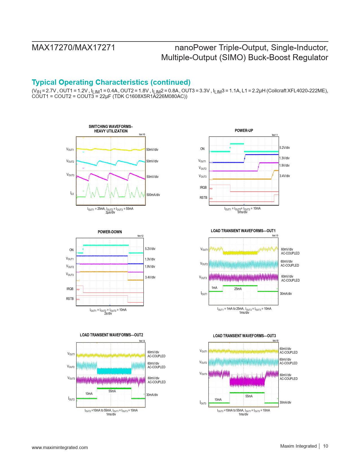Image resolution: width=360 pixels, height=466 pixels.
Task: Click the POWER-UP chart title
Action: coord(244,130)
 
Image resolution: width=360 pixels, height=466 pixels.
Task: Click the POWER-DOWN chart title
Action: coord(110,232)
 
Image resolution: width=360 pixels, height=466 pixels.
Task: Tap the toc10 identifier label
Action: coord(142,134)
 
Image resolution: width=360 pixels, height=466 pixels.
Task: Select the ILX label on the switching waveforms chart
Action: coord(72,193)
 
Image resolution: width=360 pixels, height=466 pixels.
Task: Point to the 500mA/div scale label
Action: coord(153,195)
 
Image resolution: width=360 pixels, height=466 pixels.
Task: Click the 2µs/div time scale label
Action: coord(110,212)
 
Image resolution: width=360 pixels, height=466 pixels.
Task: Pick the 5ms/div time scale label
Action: coord(242,212)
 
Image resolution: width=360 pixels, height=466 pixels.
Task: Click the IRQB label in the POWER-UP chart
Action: coord(203,188)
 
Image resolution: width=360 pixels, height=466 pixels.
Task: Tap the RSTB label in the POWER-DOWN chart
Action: coord(70,299)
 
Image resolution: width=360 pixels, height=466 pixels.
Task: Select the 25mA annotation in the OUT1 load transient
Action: coord(238,289)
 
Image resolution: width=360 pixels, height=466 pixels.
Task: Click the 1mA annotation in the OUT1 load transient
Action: coord(215,288)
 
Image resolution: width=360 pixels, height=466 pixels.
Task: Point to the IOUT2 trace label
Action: coord(71,399)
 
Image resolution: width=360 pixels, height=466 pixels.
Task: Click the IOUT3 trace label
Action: coord(203,403)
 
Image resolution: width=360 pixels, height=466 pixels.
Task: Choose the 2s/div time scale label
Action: coord(108,313)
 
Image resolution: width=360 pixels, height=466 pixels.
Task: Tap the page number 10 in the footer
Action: coord(326,446)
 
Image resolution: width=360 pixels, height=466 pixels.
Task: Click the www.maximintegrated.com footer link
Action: coord(60,447)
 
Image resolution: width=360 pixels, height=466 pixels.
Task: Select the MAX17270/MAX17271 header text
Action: coord(73,47)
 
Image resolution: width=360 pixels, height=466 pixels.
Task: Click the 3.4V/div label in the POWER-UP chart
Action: coord(285,176)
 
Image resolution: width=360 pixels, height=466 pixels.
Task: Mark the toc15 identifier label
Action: coord(275,341)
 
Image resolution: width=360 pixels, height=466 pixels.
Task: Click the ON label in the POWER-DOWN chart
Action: coord(71,250)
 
